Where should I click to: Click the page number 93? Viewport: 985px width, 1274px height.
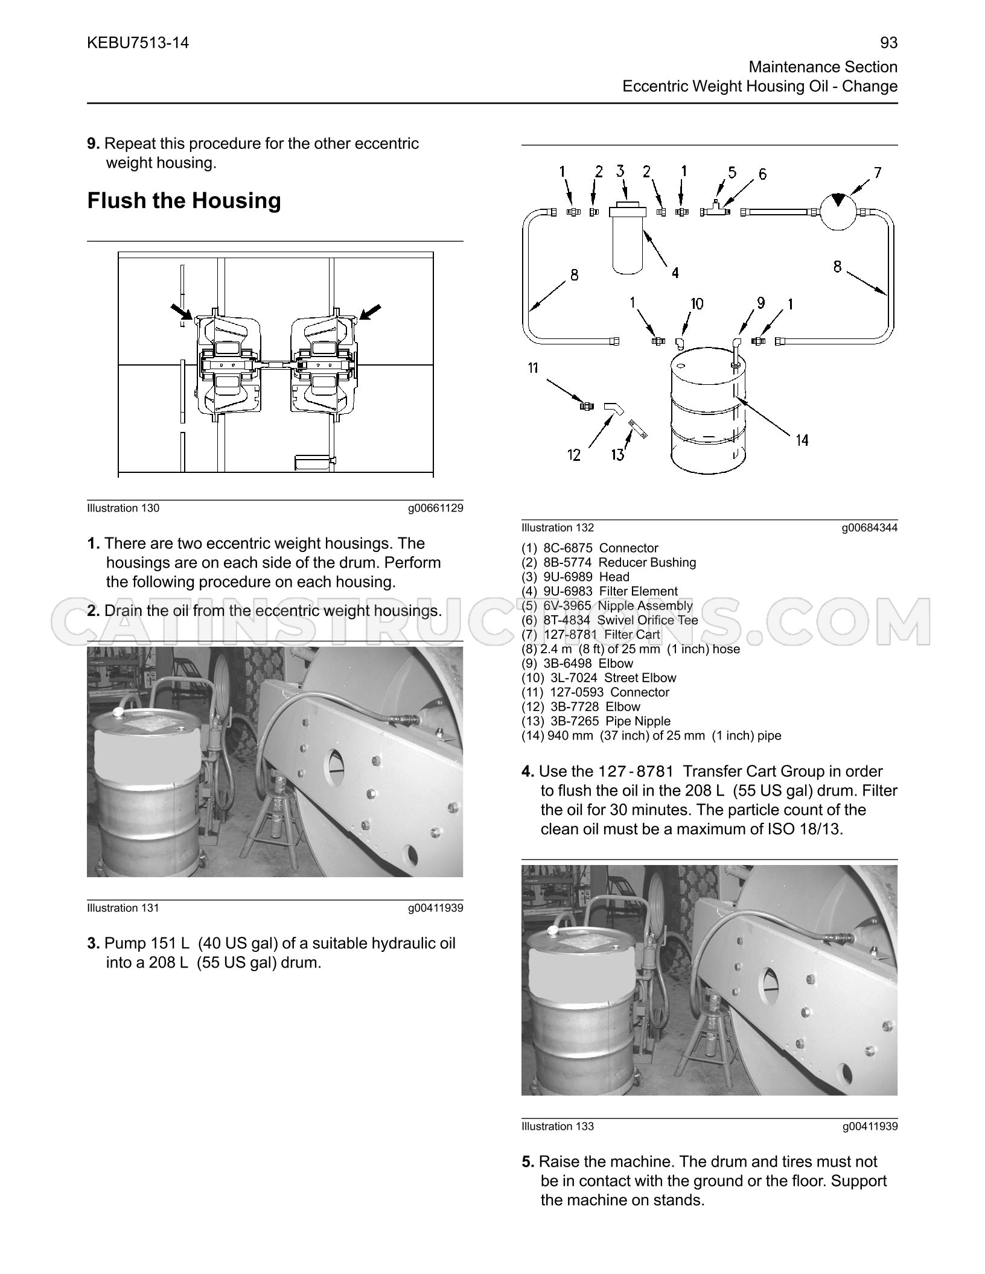pyautogui.click(x=889, y=43)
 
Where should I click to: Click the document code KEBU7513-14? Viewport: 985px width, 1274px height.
pyautogui.click(x=138, y=43)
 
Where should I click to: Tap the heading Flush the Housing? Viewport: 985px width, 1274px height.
pyautogui.click(x=184, y=200)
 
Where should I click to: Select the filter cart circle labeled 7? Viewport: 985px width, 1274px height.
pyautogui.click(x=838, y=211)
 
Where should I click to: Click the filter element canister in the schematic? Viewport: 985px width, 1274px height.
pyautogui.click(x=628, y=240)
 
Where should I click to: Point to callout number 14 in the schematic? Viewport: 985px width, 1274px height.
pyautogui.click(x=802, y=440)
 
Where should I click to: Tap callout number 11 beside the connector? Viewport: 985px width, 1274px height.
pyautogui.click(x=533, y=367)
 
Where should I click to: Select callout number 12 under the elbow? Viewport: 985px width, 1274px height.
pyautogui.click(x=574, y=455)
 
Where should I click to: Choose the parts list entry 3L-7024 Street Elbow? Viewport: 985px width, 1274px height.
pyautogui.click(x=599, y=678)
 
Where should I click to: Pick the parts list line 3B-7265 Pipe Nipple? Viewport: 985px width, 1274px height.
pyautogui.click(x=596, y=721)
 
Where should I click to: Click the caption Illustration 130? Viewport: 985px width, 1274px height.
pyautogui.click(x=123, y=508)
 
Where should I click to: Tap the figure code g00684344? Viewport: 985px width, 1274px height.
pyautogui.click(x=870, y=528)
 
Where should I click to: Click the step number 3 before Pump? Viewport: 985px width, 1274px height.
pyautogui.click(x=93, y=943)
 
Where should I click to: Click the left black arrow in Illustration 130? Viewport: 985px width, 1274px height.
pyautogui.click(x=182, y=312)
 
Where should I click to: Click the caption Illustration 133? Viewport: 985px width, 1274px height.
pyautogui.click(x=558, y=1126)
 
